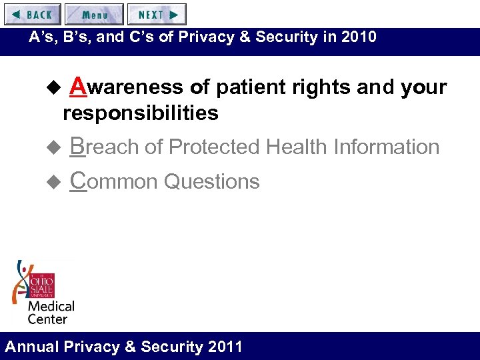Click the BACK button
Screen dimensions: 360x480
32,14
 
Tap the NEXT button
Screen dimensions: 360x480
157,14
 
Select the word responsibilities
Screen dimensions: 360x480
140,113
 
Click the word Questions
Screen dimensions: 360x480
211,181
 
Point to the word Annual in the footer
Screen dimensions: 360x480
32,347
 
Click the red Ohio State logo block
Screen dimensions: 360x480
41,285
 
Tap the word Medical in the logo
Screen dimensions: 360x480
51,307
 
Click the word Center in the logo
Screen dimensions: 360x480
47,319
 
